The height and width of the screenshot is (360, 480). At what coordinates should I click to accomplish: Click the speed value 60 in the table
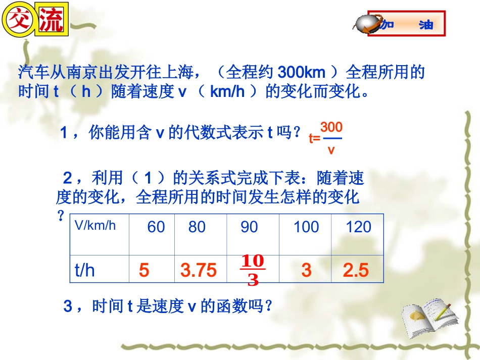click(x=156, y=227)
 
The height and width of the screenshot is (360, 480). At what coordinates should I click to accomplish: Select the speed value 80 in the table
click(x=197, y=227)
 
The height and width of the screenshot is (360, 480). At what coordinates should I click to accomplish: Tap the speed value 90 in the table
click(x=249, y=227)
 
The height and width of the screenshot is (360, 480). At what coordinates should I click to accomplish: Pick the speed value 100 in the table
click(x=306, y=227)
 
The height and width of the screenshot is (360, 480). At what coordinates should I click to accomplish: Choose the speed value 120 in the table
click(x=358, y=227)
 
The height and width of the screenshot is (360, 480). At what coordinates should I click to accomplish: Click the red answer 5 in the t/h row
click(x=144, y=271)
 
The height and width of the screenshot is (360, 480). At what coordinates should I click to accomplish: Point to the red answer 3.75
click(x=198, y=271)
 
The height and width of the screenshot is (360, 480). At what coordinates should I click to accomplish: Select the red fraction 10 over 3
click(x=253, y=270)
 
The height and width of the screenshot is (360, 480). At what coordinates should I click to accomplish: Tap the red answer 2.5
click(x=356, y=271)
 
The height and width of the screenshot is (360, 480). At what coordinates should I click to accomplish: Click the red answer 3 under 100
click(x=306, y=271)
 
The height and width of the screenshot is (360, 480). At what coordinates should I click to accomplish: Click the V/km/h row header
click(x=95, y=225)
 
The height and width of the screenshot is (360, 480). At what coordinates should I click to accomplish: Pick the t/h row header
click(x=85, y=271)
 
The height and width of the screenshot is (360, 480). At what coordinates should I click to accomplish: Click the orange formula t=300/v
click(x=327, y=137)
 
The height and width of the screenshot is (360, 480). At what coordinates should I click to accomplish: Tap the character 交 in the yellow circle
click(x=19, y=21)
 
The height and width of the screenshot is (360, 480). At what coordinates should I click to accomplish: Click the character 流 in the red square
click(x=51, y=21)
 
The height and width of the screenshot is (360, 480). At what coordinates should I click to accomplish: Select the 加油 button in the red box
click(x=407, y=24)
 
